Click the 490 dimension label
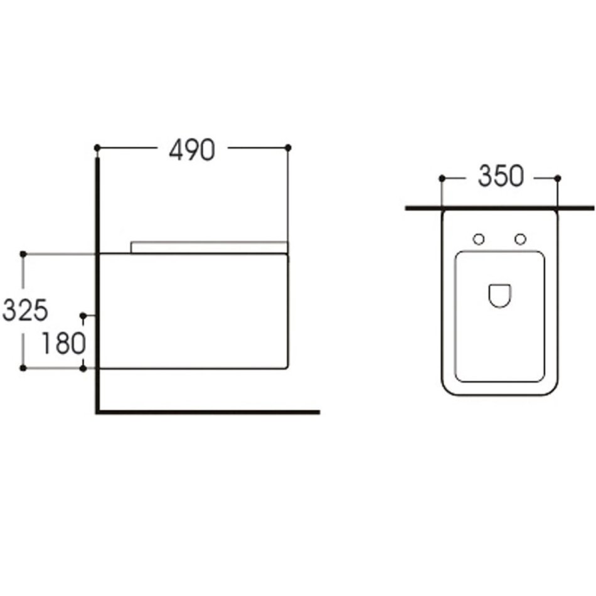pyautogui.click(x=192, y=149)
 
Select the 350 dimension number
pyautogui.click(x=501, y=176)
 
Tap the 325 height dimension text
pyautogui.click(x=25, y=310)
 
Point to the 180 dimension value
pyautogui.click(x=63, y=343)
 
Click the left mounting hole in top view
pyautogui.click(x=479, y=239)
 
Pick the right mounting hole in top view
pyautogui.click(x=520, y=239)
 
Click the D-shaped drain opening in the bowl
pyautogui.click(x=499, y=295)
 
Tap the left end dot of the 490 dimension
pyautogui.click(x=97, y=147)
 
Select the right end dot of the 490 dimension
pyautogui.click(x=288, y=147)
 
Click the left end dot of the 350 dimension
pyautogui.click(x=442, y=178)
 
